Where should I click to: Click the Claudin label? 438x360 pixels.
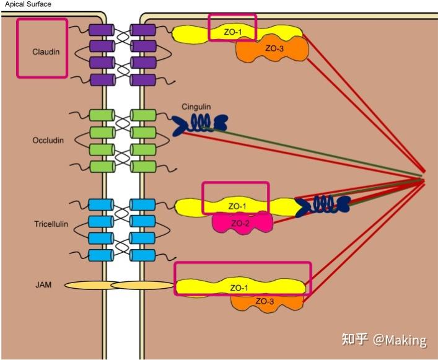(x=46, y=52)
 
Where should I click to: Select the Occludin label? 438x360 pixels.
(x=48, y=141)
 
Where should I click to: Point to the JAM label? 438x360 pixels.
(x=43, y=286)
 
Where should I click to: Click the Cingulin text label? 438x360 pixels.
(x=196, y=107)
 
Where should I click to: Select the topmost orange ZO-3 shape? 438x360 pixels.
(x=273, y=48)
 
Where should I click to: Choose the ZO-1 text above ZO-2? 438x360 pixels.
(x=237, y=206)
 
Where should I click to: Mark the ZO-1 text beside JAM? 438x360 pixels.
(x=239, y=288)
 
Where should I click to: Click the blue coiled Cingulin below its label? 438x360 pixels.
(x=199, y=123)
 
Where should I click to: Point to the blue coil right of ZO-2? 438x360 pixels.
(x=322, y=204)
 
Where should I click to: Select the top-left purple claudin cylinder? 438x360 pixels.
(x=99, y=30)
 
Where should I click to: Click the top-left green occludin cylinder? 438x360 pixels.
(x=99, y=115)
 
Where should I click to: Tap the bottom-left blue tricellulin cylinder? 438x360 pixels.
(x=99, y=255)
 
